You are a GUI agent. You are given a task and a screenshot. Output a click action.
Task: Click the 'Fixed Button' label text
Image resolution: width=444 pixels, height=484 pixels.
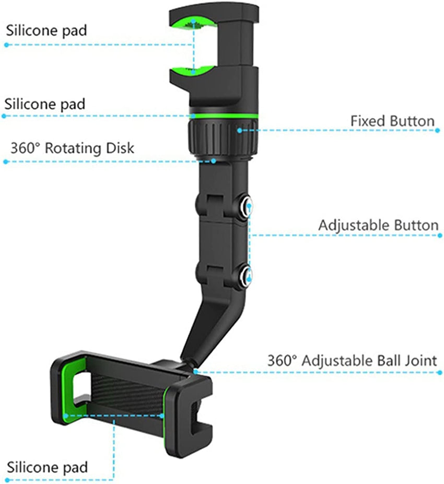point(392,121)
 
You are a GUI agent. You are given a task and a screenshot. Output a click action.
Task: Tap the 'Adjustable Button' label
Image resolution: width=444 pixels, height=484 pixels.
point(378,226)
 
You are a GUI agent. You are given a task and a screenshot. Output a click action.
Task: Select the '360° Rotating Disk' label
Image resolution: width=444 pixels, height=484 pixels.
point(72,148)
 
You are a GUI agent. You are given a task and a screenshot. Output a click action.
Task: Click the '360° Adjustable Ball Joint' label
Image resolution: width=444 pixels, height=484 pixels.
point(352,361)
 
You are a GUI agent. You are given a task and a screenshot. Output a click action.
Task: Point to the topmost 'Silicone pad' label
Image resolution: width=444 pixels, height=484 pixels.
point(46,30)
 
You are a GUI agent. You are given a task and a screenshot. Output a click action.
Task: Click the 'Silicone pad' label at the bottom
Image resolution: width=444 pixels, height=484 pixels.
point(47,466)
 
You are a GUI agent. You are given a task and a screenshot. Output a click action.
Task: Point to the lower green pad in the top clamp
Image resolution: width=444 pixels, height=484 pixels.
point(194,70)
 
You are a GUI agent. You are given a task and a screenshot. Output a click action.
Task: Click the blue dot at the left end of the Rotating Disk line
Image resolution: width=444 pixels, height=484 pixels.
point(6,162)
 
